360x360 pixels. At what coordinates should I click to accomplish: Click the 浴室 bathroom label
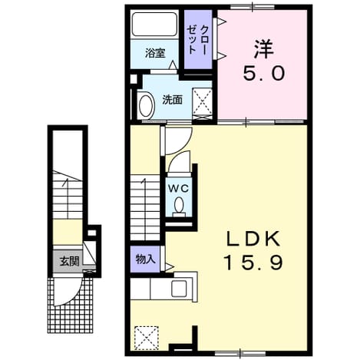(x=155, y=53)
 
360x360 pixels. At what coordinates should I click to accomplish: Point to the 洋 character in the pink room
(x=264, y=48)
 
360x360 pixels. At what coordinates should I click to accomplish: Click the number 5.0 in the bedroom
(x=264, y=73)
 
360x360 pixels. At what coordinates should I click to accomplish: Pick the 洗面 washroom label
(x=173, y=100)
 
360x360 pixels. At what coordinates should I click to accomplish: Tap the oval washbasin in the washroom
(x=146, y=107)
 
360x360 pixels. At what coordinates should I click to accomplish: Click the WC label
(x=178, y=189)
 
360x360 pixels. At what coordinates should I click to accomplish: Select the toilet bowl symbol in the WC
(x=179, y=205)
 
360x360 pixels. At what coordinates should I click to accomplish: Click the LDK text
(x=253, y=239)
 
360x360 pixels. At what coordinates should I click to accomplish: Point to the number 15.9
(x=253, y=263)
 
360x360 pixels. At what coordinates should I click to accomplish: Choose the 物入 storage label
(x=145, y=259)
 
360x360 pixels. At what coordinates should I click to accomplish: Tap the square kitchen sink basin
(x=179, y=288)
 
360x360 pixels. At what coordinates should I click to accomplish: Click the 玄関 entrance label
(x=69, y=261)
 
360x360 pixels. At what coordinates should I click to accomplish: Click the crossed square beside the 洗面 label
(x=202, y=101)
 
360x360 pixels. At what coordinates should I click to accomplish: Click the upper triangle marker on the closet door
(x=222, y=21)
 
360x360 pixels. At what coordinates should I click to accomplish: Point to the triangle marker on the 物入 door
(x=170, y=267)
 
